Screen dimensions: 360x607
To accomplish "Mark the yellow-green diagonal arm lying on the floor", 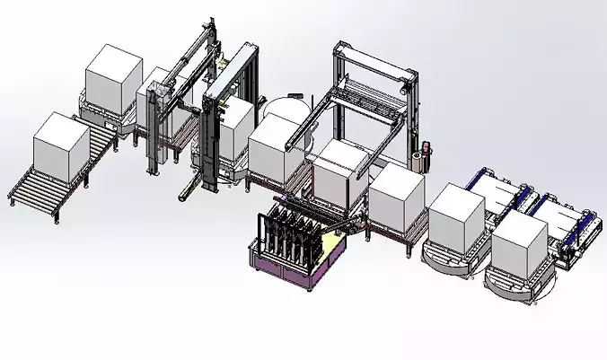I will pos(189,188).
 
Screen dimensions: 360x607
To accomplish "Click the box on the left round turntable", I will pos(456,217).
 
